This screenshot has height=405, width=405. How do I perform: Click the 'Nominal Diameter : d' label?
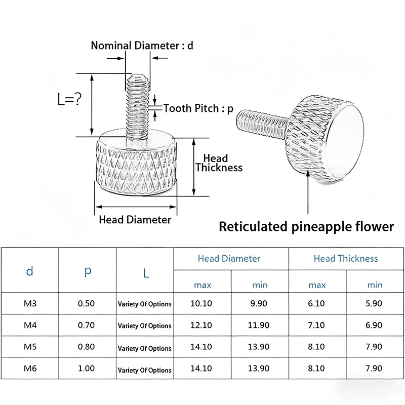(142, 46)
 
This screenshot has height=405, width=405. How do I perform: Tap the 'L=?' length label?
(69, 99)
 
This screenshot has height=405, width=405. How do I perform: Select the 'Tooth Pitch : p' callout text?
(198, 108)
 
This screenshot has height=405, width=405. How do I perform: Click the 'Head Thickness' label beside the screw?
(219, 163)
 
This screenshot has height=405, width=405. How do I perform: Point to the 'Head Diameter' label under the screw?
(135, 220)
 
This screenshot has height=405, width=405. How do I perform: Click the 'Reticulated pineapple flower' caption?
(306, 226)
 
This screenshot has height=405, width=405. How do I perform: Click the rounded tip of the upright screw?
(138, 77)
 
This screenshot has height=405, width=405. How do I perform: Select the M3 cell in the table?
(30, 303)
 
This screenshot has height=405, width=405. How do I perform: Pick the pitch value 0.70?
(86, 325)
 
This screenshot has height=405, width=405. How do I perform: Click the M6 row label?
(30, 368)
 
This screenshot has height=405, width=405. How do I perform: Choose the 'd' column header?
(30, 271)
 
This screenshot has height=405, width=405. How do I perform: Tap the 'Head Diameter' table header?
(229, 259)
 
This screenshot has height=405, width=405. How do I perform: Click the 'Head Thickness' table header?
(346, 259)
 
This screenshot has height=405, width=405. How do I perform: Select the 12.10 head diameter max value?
(201, 325)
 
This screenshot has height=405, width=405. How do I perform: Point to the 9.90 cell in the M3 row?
(259, 303)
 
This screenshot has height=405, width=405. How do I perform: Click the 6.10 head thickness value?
(316, 303)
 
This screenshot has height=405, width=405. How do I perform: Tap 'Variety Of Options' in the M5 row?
(144, 348)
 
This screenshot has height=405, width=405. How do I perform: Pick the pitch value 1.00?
(86, 368)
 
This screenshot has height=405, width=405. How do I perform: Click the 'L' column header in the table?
(146, 273)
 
